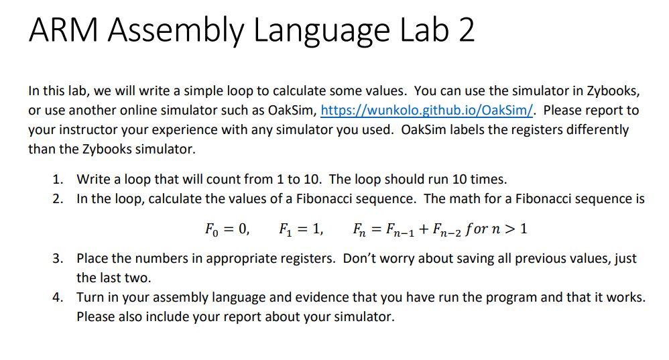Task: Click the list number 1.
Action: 58,179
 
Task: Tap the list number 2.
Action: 58,198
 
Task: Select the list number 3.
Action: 58,258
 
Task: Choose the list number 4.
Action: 58,297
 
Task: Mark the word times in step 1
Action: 490,179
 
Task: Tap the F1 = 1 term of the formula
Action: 300,229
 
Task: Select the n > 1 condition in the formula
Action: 508,229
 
